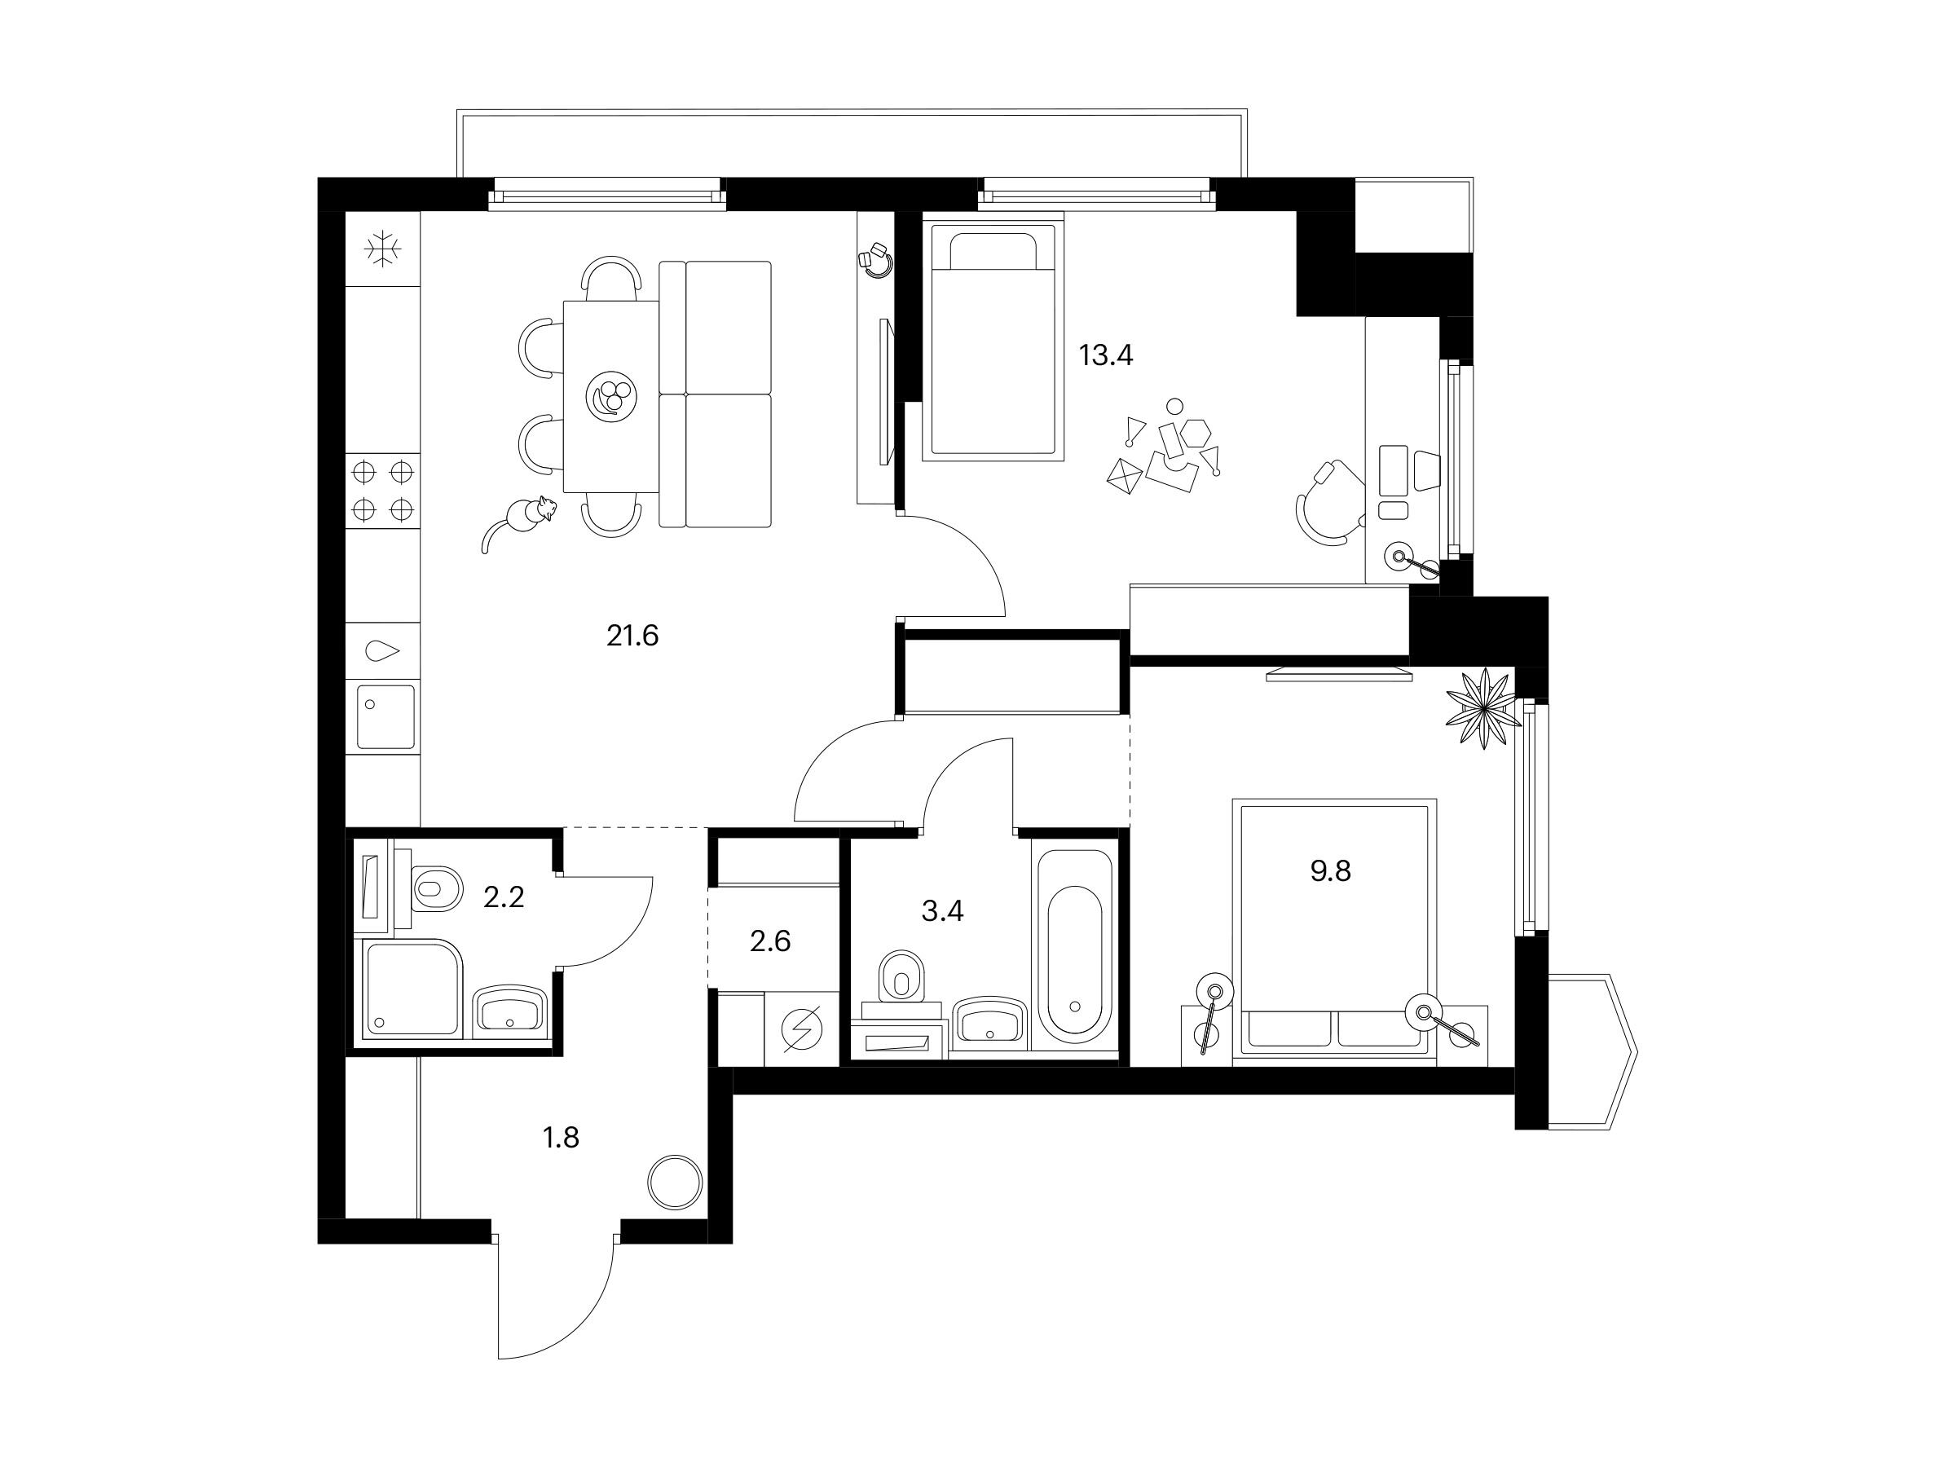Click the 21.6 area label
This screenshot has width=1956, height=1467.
pyautogui.click(x=632, y=636)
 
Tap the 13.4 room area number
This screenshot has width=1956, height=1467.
pyautogui.click(x=1105, y=355)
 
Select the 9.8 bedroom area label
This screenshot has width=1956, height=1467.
pyautogui.click(x=1330, y=872)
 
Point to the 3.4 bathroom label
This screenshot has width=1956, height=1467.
pyautogui.click(x=942, y=911)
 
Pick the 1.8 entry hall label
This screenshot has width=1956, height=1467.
pyautogui.click(x=561, y=1137)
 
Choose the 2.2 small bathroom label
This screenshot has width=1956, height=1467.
pyautogui.click(x=503, y=898)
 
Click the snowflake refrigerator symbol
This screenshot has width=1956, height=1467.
pyautogui.click(x=383, y=249)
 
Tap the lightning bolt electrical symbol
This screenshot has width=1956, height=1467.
pyautogui.click(x=802, y=1030)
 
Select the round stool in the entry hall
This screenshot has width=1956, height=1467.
pyautogui.click(x=674, y=1182)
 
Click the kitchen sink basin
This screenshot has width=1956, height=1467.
pyautogui.click(x=385, y=717)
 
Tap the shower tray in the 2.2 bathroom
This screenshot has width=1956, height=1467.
pyautogui.click(x=413, y=989)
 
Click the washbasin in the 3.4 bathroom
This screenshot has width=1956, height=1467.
pyautogui.click(x=989, y=1021)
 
